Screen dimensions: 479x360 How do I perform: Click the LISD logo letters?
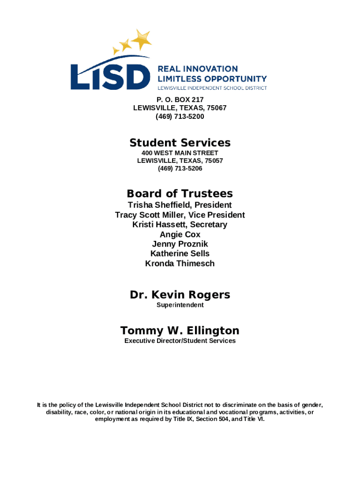[x=110, y=76]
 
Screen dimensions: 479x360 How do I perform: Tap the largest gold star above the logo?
[x=142, y=39]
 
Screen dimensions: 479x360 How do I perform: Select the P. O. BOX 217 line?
[x=180, y=100]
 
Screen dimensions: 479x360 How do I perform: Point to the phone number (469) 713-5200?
[x=180, y=116]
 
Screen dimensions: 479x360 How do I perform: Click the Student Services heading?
[x=180, y=143]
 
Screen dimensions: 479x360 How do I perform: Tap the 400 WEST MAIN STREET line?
[x=180, y=153]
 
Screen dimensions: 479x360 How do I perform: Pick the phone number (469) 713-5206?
[x=180, y=168]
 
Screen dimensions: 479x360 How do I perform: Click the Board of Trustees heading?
[x=180, y=194]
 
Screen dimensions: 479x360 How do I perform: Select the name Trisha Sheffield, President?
[x=180, y=205]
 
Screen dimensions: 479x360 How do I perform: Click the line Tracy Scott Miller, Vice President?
[x=180, y=215]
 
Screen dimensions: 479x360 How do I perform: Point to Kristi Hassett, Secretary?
[x=180, y=225]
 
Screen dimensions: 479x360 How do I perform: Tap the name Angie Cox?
[x=180, y=234]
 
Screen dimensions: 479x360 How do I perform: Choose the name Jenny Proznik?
[x=180, y=244]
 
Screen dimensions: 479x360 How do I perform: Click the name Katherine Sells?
[x=180, y=254]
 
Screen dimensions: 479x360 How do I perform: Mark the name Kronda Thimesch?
[x=180, y=263]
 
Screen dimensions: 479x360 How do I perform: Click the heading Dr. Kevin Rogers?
[x=180, y=295]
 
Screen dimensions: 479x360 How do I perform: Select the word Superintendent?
[x=180, y=305]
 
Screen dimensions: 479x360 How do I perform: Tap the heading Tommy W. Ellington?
[x=180, y=331]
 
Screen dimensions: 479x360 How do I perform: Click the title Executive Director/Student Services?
[x=180, y=341]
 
